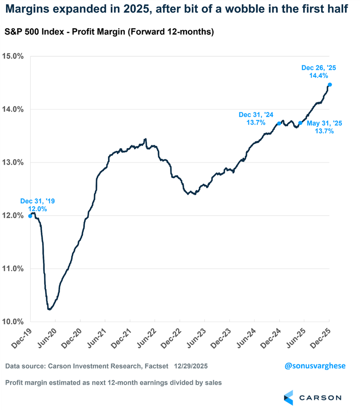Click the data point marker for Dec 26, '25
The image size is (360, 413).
[x=330, y=85]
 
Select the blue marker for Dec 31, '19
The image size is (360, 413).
[x=30, y=216]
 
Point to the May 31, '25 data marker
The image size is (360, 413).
[x=300, y=123]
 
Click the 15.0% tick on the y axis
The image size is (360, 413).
[x=14, y=57]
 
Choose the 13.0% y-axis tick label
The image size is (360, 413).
[x=14, y=163]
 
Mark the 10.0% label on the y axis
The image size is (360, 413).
[x=14, y=322]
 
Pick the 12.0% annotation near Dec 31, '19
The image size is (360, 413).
[x=38, y=209]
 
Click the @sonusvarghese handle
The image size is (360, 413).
[x=315, y=366]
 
